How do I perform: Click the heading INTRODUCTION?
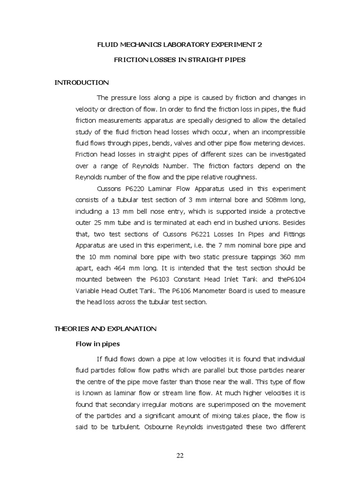click(x=82, y=82)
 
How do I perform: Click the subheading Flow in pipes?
click(x=98, y=344)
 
